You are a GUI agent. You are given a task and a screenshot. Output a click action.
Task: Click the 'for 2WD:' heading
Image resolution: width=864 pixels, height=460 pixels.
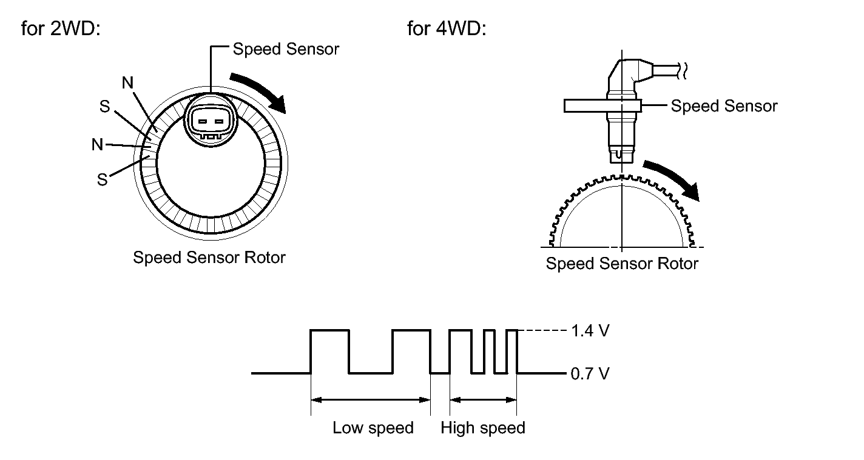(x=60, y=28)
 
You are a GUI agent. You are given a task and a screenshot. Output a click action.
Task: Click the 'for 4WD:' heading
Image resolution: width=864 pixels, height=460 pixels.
(x=447, y=28)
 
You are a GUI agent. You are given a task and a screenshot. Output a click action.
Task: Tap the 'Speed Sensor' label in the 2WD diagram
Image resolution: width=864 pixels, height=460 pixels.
(x=286, y=49)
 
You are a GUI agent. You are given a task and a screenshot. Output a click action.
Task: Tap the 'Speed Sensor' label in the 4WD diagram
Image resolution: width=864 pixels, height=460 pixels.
(x=724, y=106)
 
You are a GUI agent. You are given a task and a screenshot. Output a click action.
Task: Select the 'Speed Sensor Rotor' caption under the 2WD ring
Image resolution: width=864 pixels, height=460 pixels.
(x=209, y=258)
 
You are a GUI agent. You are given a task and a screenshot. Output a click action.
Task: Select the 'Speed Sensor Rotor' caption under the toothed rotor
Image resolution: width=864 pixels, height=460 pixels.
(x=622, y=264)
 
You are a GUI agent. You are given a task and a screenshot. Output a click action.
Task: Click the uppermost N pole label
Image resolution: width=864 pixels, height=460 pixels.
(x=128, y=84)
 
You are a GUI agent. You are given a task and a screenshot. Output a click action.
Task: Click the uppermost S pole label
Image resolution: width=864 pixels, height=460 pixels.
(x=104, y=107)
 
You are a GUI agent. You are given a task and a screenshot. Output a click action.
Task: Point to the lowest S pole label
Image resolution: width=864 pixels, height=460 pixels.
(x=102, y=180)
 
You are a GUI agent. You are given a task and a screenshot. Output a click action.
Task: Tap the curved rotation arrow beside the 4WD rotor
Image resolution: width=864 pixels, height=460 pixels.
(x=673, y=178)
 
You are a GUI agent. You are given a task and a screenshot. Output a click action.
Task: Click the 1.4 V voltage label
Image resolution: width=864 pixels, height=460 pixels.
(x=589, y=332)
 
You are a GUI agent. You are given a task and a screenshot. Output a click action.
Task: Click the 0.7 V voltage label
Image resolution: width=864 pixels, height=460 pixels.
(x=589, y=373)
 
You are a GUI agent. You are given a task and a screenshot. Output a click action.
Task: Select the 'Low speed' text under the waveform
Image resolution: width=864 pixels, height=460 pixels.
(x=373, y=428)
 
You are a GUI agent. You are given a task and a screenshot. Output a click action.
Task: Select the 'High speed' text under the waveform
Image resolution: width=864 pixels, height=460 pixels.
(x=483, y=428)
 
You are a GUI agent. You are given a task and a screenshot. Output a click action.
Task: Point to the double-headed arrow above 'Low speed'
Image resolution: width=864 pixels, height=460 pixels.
(x=370, y=399)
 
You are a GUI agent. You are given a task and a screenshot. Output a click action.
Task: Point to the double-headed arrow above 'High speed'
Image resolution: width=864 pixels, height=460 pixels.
(x=483, y=399)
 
